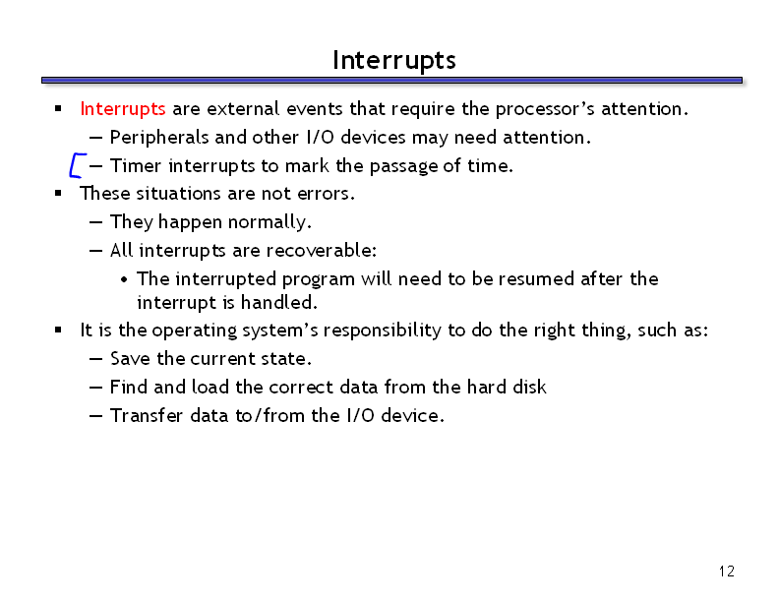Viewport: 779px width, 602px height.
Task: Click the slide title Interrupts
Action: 394,61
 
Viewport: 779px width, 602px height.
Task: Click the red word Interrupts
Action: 123,109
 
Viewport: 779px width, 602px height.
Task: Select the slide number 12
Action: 726,572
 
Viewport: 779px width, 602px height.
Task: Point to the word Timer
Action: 136,166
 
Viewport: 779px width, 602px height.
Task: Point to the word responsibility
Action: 382,331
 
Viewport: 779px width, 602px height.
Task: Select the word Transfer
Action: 147,415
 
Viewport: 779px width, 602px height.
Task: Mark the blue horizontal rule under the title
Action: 392,80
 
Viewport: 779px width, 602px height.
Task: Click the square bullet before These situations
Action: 58,193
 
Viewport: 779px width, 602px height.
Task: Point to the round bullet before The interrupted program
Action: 124,279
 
